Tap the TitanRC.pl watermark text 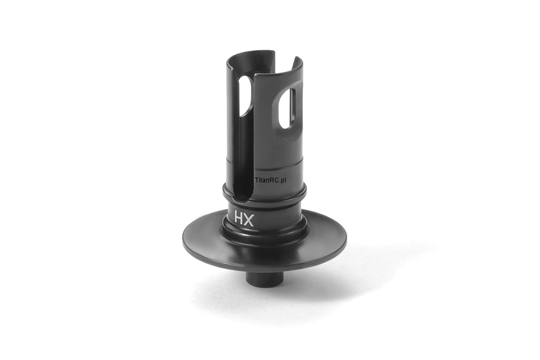pyautogui.click(x=272, y=180)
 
